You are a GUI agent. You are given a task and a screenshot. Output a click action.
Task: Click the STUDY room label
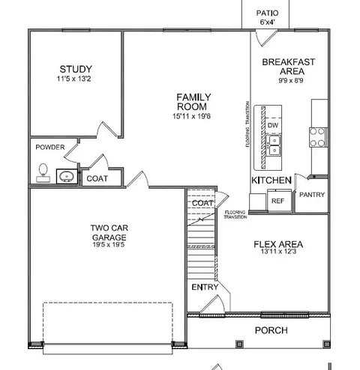point(76,69)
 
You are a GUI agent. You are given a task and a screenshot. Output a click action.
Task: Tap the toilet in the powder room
point(43,173)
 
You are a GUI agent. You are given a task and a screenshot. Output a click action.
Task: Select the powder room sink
point(67,177)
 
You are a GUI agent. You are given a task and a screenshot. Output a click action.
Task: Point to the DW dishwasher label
point(273,125)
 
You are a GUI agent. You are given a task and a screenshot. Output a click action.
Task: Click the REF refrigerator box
point(279,200)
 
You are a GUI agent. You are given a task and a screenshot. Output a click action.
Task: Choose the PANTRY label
point(312,195)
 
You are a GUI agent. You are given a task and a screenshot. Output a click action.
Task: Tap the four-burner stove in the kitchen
point(318,137)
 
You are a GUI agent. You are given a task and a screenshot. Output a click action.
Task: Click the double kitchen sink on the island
point(274,146)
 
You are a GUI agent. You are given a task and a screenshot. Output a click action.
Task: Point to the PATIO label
point(267,13)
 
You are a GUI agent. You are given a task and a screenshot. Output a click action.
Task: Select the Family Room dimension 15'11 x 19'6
point(191,116)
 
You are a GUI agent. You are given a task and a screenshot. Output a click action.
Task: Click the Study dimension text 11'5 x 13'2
point(73,79)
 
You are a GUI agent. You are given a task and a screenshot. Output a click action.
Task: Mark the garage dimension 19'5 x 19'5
point(109,244)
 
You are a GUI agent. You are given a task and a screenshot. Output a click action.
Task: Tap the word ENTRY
point(205,288)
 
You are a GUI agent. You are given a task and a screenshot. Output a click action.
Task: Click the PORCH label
point(271,330)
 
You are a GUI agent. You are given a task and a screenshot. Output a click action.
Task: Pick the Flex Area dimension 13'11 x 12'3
point(278,252)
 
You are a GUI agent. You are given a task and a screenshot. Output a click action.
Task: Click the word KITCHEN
point(271,181)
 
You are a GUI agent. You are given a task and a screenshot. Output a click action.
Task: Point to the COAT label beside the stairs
point(202,203)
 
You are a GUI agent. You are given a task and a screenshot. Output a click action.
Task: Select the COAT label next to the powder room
point(97,178)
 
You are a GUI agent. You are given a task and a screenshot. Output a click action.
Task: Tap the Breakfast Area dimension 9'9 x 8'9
point(291,80)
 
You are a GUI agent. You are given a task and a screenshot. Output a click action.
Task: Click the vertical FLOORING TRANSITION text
point(247,124)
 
